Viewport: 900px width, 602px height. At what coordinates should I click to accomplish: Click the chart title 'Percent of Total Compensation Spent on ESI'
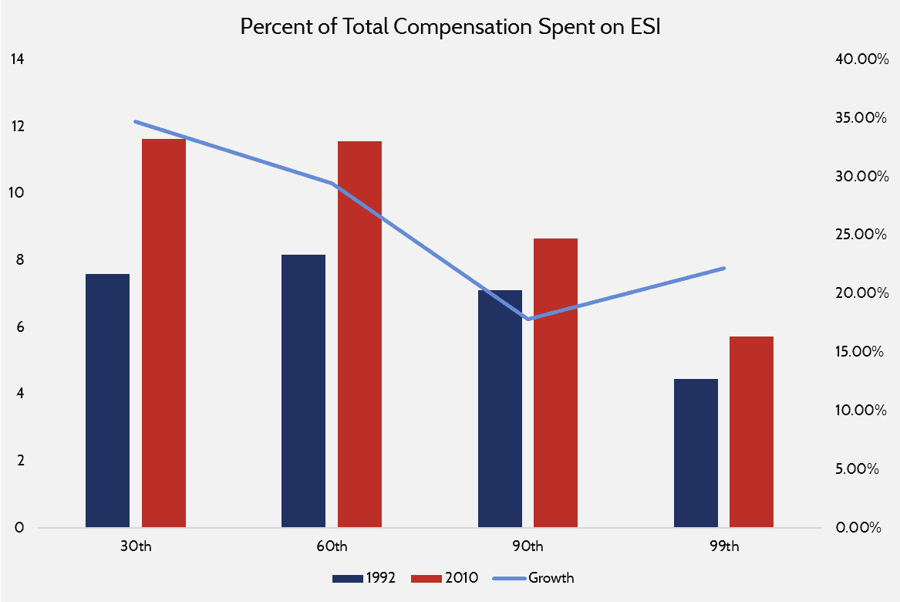tap(450, 26)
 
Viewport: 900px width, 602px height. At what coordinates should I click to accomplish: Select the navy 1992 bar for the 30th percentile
tap(107, 401)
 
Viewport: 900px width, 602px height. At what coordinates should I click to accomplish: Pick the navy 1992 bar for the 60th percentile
tap(303, 391)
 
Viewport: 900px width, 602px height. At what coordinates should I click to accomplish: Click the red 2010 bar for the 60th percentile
tap(359, 334)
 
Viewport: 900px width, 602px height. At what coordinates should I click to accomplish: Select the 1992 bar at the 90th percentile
tap(500, 409)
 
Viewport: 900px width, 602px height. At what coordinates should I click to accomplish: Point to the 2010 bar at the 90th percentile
tap(555, 383)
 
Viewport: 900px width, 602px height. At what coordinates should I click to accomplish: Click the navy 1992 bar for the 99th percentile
tap(696, 453)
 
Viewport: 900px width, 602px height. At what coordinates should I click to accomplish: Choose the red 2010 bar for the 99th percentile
tap(751, 432)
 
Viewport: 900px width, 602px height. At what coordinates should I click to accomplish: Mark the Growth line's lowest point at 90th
tap(528, 319)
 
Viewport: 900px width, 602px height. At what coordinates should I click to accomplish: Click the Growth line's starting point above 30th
tap(135, 121)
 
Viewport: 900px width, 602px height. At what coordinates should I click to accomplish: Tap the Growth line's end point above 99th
tap(724, 268)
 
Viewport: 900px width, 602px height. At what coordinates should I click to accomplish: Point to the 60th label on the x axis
tap(331, 546)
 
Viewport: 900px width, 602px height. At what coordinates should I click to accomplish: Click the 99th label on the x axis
tap(723, 546)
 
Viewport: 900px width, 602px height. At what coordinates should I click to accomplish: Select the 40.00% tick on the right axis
tap(862, 59)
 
